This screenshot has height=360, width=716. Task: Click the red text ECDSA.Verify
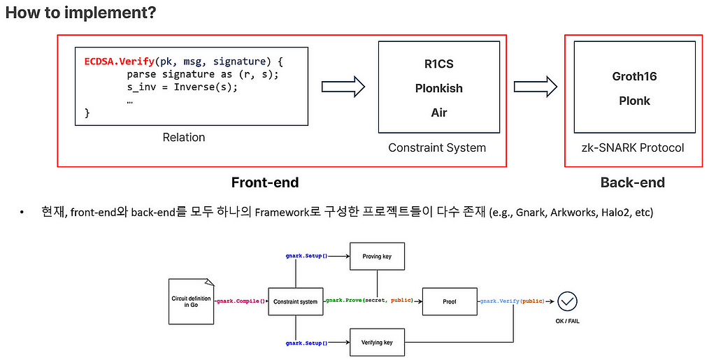pos(119,62)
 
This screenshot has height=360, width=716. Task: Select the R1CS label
pos(439,64)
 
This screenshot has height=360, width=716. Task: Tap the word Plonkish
pos(439,88)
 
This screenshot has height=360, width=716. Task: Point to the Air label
pos(439,113)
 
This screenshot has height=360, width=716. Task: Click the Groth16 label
pos(634,76)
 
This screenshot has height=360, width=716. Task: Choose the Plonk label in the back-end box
pos(634,101)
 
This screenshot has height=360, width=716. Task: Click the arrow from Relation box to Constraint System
pos(343,86)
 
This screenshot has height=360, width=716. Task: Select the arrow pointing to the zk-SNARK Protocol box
pos(535,86)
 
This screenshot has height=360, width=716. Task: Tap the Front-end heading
pos(265,182)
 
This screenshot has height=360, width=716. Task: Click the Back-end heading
pos(632,182)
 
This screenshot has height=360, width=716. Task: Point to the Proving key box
pos(377,257)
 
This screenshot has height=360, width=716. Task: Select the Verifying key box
pos(377,343)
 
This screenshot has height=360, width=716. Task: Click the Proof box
pos(450,301)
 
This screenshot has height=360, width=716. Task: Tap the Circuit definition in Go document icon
pos(192,301)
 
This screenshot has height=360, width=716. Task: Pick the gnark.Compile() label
pos(241,301)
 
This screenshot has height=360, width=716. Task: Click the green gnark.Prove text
pos(344,300)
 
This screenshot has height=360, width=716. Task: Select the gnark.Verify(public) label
pos(512,301)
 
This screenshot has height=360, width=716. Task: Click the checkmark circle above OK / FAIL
pos(568,301)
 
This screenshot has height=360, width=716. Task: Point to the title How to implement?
pos(81,13)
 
